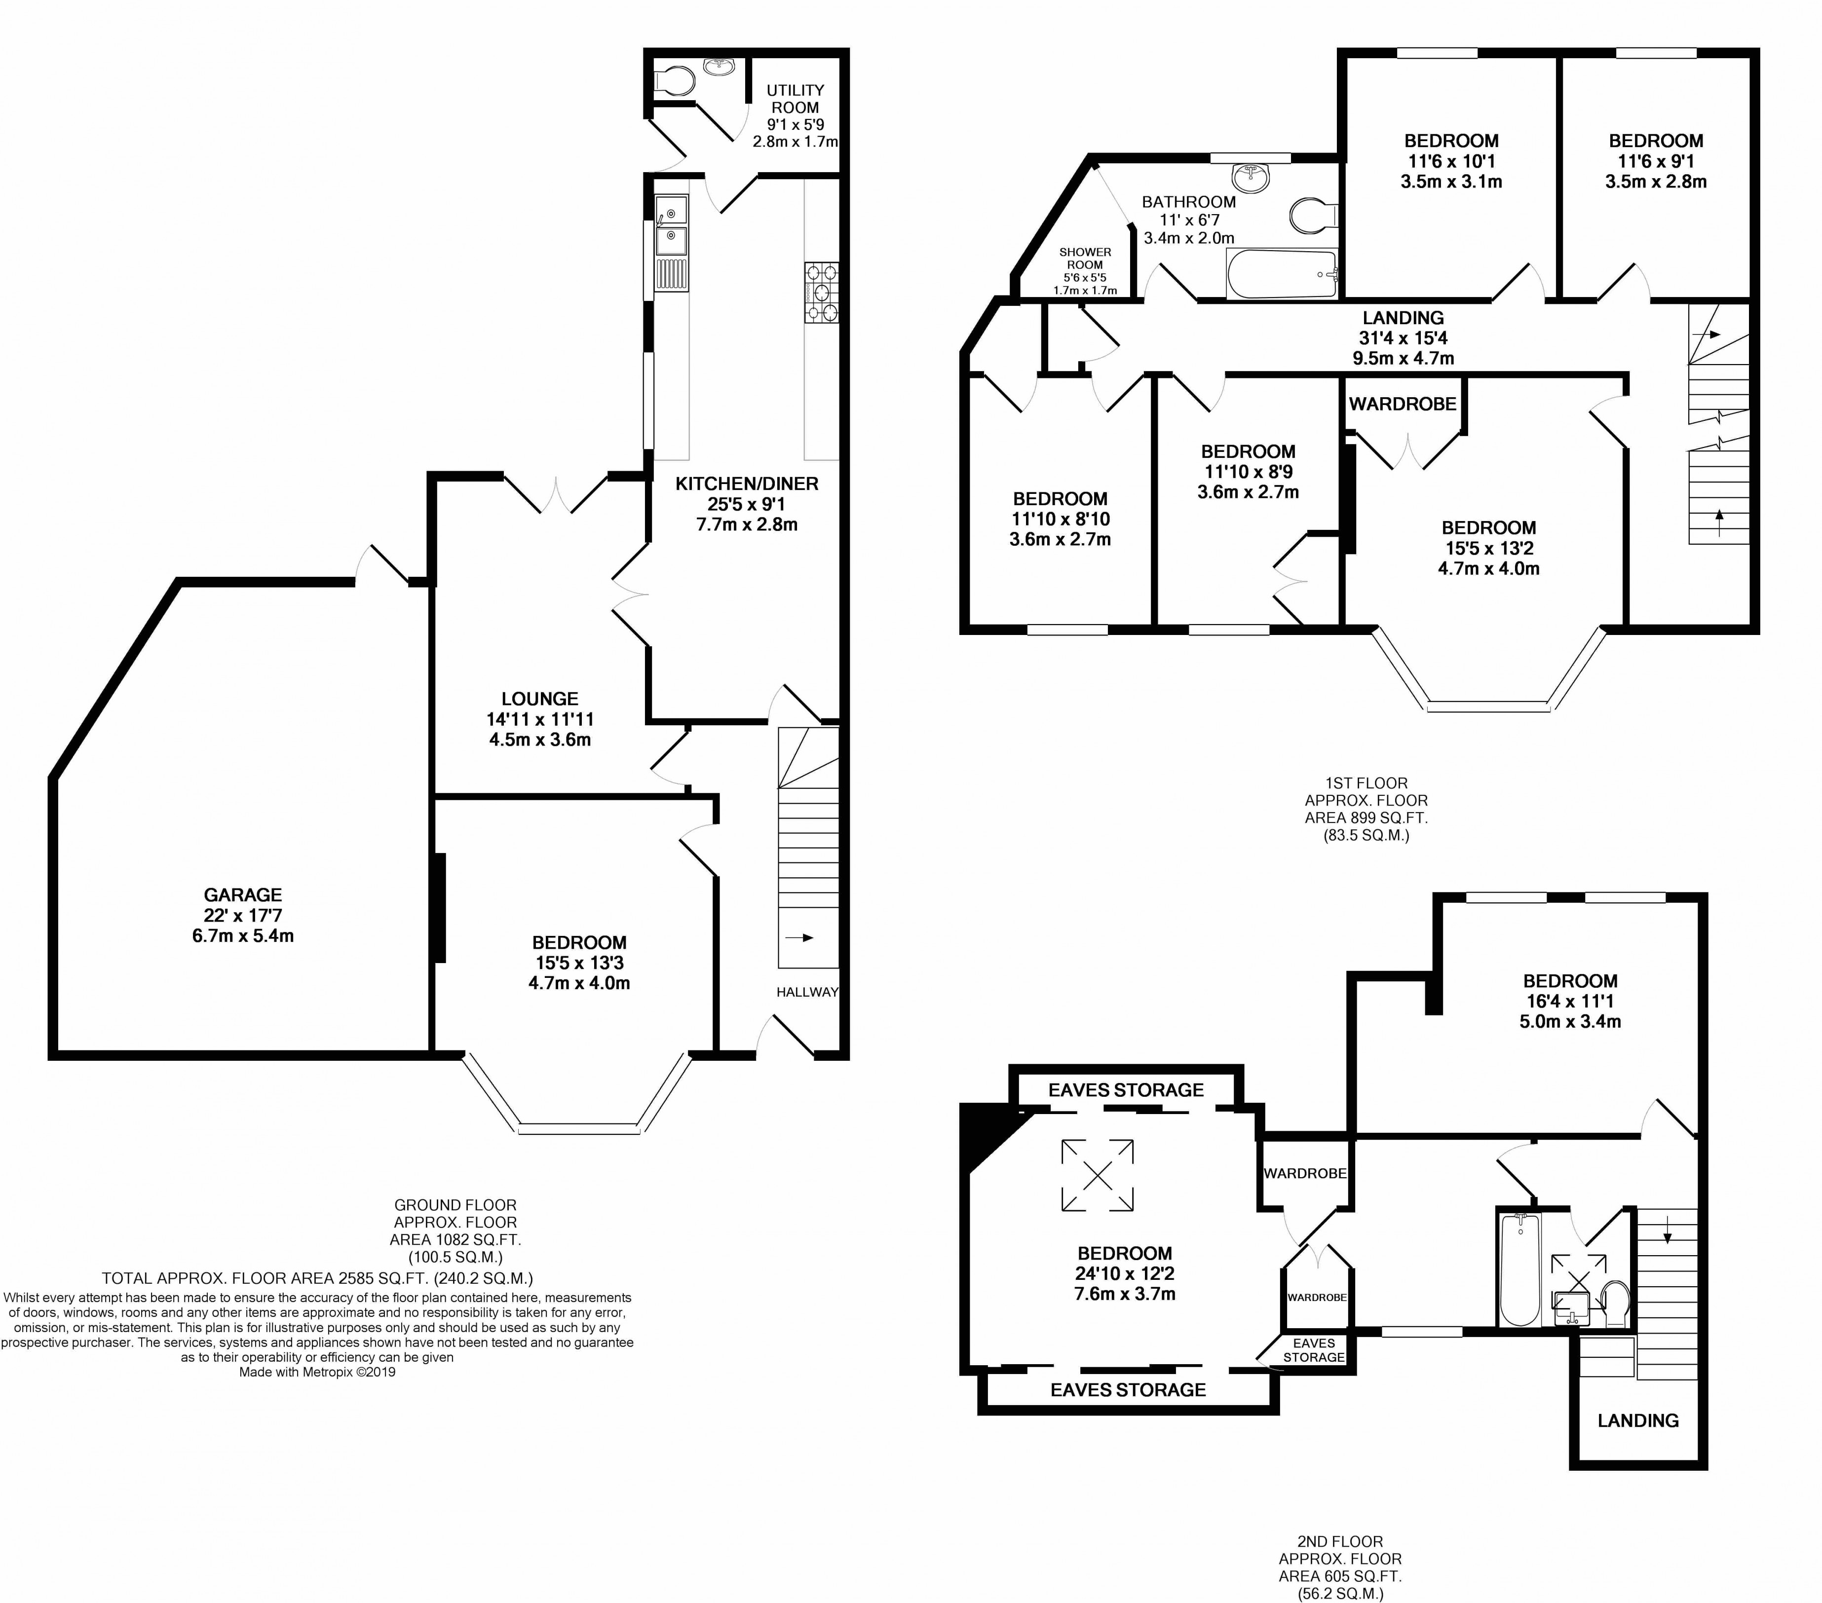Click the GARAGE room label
[242, 895]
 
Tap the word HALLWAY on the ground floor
[807, 992]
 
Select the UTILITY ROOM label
[795, 99]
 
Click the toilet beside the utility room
[674, 82]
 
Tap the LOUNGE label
[539, 699]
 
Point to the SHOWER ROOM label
[1085, 259]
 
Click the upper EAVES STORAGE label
[1126, 1090]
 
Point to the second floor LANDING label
[1637, 1420]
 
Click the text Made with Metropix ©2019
[317, 1372]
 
